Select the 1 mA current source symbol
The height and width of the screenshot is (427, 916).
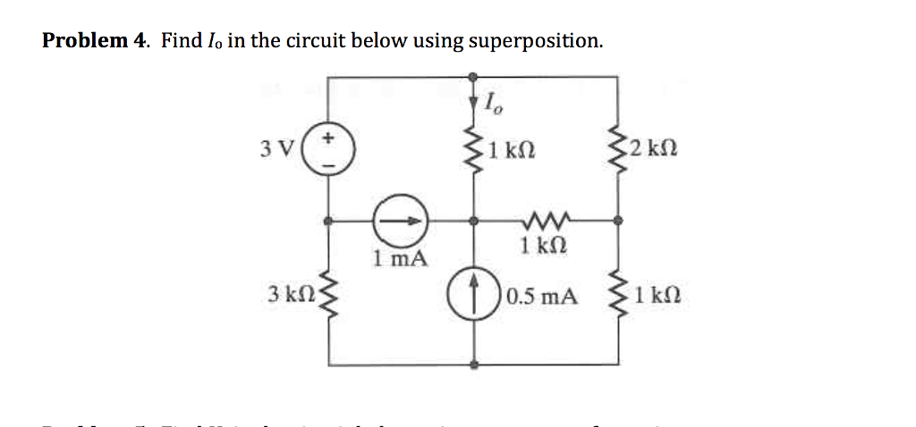[401, 218]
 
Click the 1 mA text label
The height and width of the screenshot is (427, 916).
[400, 259]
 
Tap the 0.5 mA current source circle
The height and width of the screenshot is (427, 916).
[474, 293]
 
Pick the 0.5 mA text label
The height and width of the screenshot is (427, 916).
[540, 296]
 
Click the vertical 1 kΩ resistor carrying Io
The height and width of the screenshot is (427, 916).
[474, 147]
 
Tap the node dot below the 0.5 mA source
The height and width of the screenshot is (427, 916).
[474, 364]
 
